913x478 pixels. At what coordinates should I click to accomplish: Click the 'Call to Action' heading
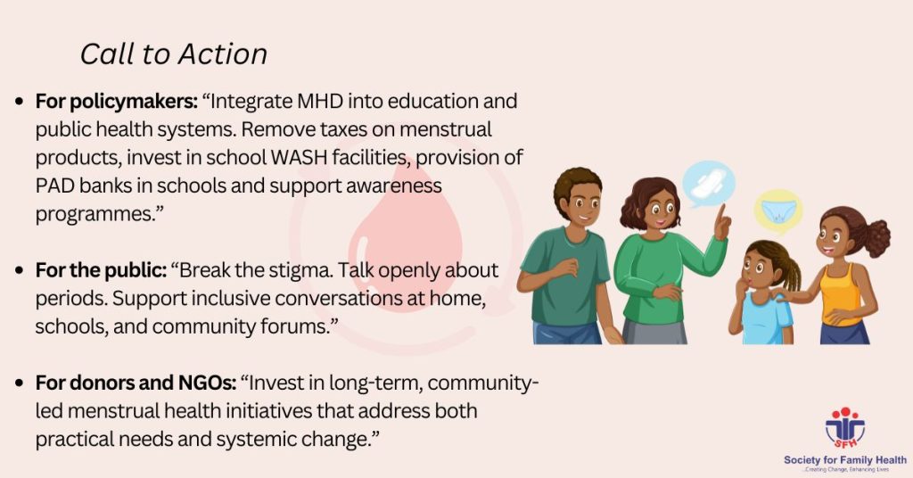click(174, 54)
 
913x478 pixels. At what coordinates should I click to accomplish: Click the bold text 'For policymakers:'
click(117, 102)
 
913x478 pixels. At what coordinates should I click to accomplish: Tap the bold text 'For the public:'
click(102, 270)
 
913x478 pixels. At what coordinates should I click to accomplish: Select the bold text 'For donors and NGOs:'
click(136, 383)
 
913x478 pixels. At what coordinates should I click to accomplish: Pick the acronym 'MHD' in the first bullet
click(320, 101)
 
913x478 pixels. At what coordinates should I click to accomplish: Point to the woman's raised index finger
click(721, 213)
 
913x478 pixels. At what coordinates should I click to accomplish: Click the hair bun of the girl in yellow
click(875, 237)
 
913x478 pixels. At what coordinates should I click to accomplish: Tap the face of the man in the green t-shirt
click(580, 203)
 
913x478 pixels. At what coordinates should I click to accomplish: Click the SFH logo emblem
click(845, 427)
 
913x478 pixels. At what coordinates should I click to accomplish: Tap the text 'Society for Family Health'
click(845, 459)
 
